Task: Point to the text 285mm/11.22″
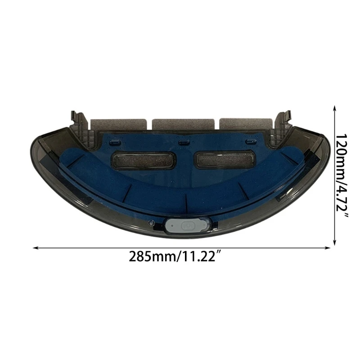175,258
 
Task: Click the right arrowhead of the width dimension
329,247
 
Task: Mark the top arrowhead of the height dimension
334,108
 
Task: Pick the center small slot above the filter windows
182,143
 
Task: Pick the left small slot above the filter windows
114,142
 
